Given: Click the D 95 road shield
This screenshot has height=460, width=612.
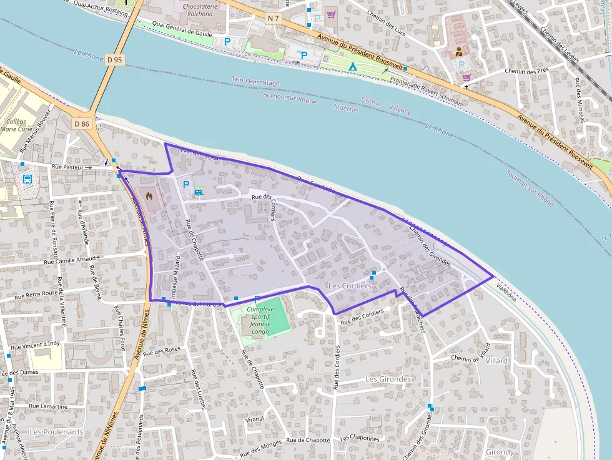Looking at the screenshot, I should coord(115,60).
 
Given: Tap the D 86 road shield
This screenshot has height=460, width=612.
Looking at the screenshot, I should coord(82,124).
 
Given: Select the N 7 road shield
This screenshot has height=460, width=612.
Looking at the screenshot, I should coord(274,19).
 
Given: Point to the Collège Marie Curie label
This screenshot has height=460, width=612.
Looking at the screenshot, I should coord(17,125).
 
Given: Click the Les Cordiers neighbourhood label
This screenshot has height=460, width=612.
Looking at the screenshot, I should coord(349,286).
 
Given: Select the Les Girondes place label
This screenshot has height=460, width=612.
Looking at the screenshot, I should coord(388,379).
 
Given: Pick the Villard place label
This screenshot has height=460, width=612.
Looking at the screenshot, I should coord(497,361).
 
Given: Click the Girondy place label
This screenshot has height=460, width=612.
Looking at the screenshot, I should coord(500,451).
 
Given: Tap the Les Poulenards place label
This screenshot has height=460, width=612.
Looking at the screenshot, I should coord(56,432).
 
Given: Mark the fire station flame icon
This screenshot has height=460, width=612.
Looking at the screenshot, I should coord(149,195).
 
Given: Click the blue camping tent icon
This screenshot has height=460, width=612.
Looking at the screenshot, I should coord(353,66).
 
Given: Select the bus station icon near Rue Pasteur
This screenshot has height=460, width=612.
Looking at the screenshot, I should coord(27,179).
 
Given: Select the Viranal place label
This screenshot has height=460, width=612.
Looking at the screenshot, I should coord(255,419).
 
